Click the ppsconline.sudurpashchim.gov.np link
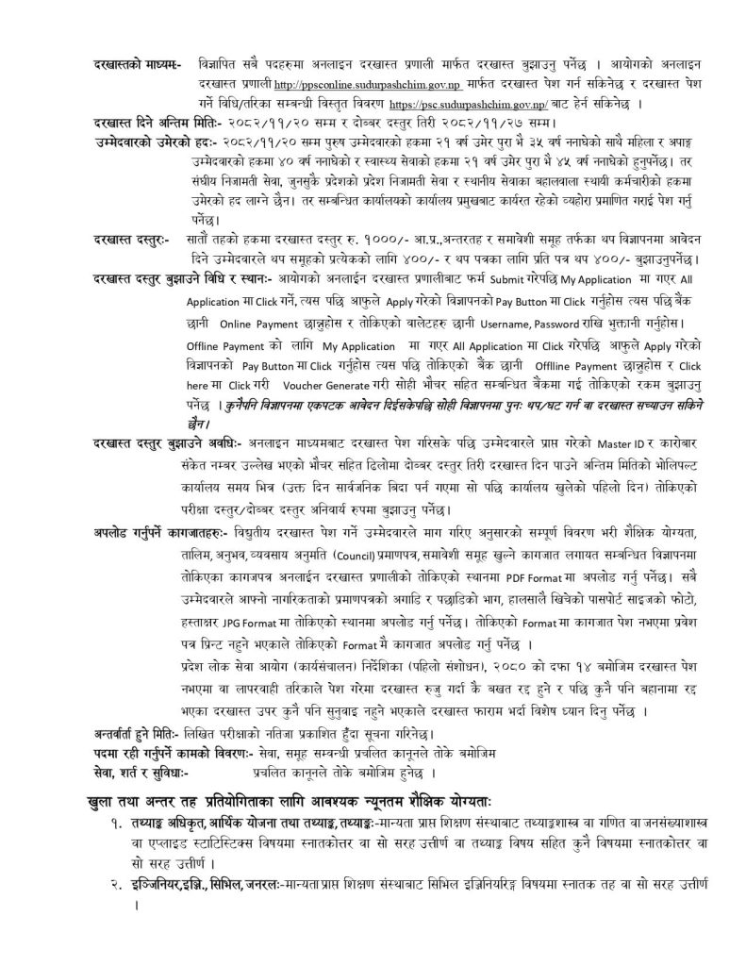(356, 84)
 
